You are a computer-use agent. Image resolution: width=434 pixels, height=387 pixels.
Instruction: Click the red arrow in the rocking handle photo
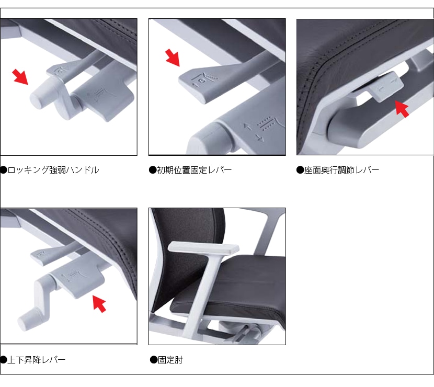coord(20,77)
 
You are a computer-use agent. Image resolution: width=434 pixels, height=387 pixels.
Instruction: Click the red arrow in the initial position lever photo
coord(173,58)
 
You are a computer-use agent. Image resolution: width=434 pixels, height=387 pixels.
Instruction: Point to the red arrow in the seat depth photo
coord(402,109)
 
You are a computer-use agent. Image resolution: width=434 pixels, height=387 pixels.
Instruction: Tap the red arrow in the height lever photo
coord(99,304)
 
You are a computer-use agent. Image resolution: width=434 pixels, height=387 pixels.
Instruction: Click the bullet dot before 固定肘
coord(154,360)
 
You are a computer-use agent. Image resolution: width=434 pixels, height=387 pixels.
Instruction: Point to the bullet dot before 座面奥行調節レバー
coord(300,170)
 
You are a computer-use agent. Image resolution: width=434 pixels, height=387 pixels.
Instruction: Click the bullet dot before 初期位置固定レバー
coord(153,170)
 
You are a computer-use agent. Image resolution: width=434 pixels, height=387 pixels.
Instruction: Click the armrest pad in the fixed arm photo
coord(203,247)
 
